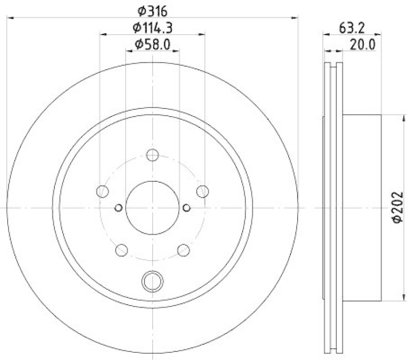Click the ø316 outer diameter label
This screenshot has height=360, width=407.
(x=153, y=10)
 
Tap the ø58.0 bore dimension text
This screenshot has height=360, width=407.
(x=153, y=45)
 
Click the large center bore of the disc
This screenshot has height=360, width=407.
(x=152, y=207)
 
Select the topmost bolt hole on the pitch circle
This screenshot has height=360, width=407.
(x=152, y=155)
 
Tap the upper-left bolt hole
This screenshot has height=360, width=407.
(x=102, y=191)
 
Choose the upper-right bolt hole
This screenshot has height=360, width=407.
(x=202, y=191)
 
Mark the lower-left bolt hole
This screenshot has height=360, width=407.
(x=122, y=250)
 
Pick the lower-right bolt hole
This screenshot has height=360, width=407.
(x=183, y=250)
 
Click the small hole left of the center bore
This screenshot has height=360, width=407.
(x=119, y=207)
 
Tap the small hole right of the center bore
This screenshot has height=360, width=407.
(x=186, y=207)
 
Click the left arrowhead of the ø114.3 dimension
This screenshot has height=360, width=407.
(x=102, y=35)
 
